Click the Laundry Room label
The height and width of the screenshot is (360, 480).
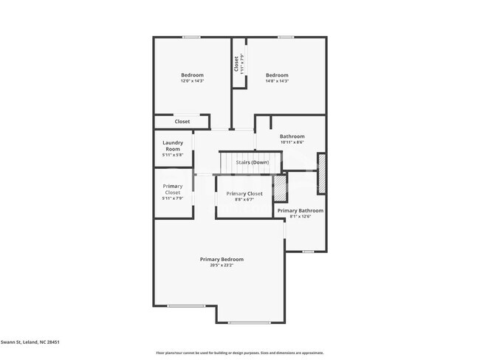(x=173, y=146)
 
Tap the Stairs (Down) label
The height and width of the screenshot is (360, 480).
(x=252, y=162)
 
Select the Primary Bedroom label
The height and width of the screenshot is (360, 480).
(x=222, y=260)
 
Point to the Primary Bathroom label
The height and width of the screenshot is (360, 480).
(x=300, y=210)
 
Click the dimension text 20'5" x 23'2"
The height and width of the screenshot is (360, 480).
(x=222, y=266)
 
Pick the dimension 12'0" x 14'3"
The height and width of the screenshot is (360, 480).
(x=192, y=80)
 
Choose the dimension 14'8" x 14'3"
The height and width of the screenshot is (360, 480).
(x=277, y=80)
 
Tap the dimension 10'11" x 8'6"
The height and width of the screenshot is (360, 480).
(x=292, y=142)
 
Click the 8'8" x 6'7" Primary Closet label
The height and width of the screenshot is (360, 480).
(x=244, y=194)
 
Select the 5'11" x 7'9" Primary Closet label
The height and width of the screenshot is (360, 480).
(x=173, y=190)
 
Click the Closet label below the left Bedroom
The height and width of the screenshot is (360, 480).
(x=182, y=122)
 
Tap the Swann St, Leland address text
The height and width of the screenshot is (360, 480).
(x=30, y=342)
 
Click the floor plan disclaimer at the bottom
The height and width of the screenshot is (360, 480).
(x=239, y=353)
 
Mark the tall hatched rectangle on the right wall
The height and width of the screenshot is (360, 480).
(x=321, y=173)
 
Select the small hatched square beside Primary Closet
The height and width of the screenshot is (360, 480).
(x=281, y=189)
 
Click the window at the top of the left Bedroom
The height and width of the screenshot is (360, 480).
(x=191, y=38)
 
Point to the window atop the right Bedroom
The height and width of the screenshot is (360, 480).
(x=286, y=38)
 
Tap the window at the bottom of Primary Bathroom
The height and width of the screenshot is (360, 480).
(x=308, y=252)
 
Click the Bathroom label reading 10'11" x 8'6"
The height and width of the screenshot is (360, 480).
(x=292, y=136)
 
